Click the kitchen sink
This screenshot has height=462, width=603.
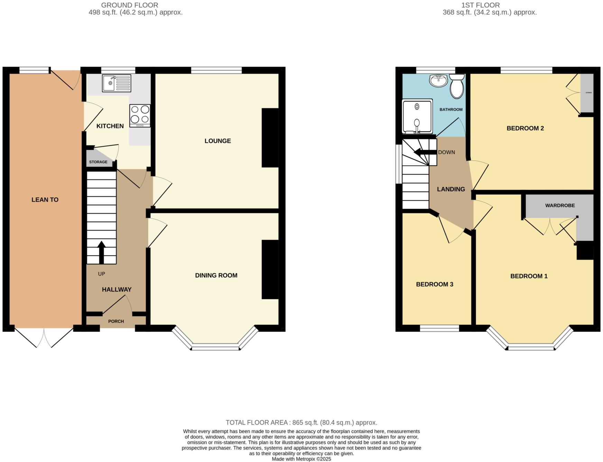pyautogui.click(x=116, y=83)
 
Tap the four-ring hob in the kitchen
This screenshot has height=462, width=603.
pyautogui.click(x=140, y=115)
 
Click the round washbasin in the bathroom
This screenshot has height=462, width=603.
pyautogui.click(x=438, y=81)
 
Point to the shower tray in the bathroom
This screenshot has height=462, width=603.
pyautogui.click(x=417, y=116)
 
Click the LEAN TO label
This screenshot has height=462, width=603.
pyautogui.click(x=45, y=200)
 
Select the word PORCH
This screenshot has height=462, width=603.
pyautogui.click(x=116, y=321)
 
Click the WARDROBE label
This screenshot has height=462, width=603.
pyautogui.click(x=560, y=205)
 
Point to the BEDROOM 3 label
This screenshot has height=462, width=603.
pyautogui.click(x=434, y=284)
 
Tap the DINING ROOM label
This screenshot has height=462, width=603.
pyautogui.click(x=216, y=275)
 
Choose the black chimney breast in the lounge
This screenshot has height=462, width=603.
pyautogui.click(x=270, y=138)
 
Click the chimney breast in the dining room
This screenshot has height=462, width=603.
pyautogui.click(x=270, y=269)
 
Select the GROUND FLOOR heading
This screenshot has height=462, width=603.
pyautogui.click(x=130, y=5)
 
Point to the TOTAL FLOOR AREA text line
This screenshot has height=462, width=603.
pyautogui.click(x=301, y=422)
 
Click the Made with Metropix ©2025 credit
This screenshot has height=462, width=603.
pyautogui.click(x=301, y=459)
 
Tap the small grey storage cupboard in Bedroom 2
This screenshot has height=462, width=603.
pyautogui.click(x=587, y=93)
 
